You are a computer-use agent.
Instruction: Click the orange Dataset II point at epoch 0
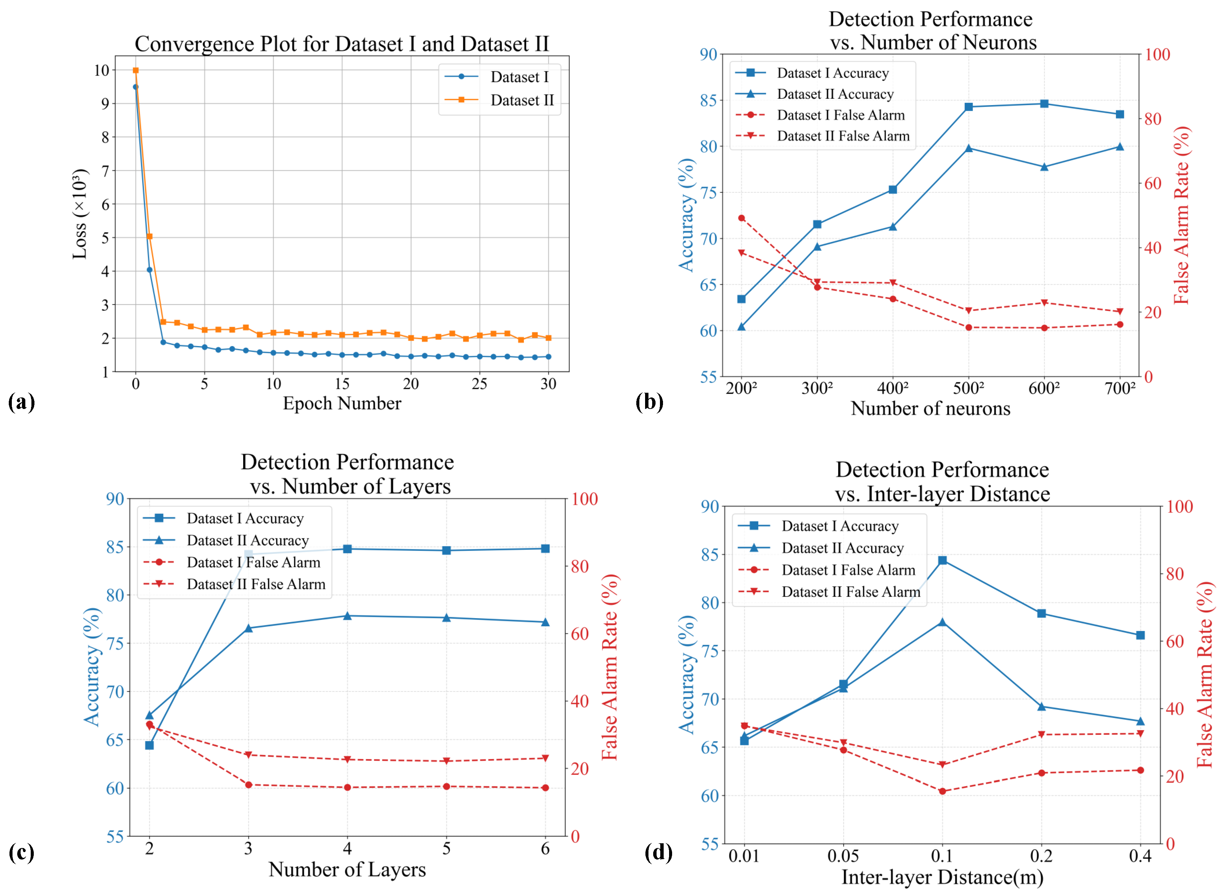(135, 71)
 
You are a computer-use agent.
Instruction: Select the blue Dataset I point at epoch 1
(150, 270)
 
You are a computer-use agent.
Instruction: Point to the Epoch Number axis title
(342, 404)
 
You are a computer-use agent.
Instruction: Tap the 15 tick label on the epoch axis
(342, 384)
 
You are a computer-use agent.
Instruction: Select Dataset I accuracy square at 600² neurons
(1044, 104)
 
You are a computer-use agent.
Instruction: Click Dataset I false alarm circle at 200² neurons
(741, 218)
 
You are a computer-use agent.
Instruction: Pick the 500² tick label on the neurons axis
(969, 388)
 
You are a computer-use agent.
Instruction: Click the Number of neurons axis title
(930, 408)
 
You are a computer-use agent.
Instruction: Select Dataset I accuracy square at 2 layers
(150, 745)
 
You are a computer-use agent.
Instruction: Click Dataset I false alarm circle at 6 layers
(545, 788)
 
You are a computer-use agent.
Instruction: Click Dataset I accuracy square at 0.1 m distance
(943, 560)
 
